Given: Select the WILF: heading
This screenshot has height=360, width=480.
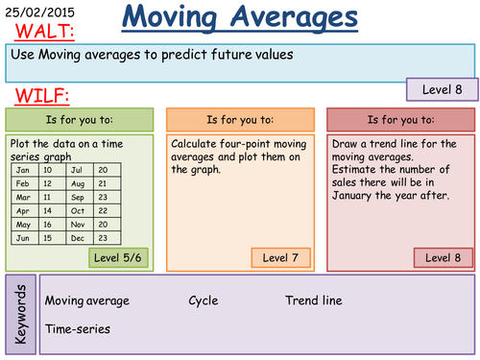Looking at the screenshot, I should [37, 97].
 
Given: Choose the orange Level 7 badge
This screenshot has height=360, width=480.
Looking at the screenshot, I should [280, 257].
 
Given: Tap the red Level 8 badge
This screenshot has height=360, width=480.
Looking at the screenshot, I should [442, 257].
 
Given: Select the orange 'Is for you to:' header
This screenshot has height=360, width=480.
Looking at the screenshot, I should [240, 120].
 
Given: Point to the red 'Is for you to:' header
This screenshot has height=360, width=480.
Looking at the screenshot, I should [400, 120].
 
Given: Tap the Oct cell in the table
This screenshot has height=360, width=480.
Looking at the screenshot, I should [80, 210].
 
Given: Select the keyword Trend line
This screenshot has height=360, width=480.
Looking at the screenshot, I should [313, 300].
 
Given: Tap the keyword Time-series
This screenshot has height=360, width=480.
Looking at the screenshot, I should [77, 328].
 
